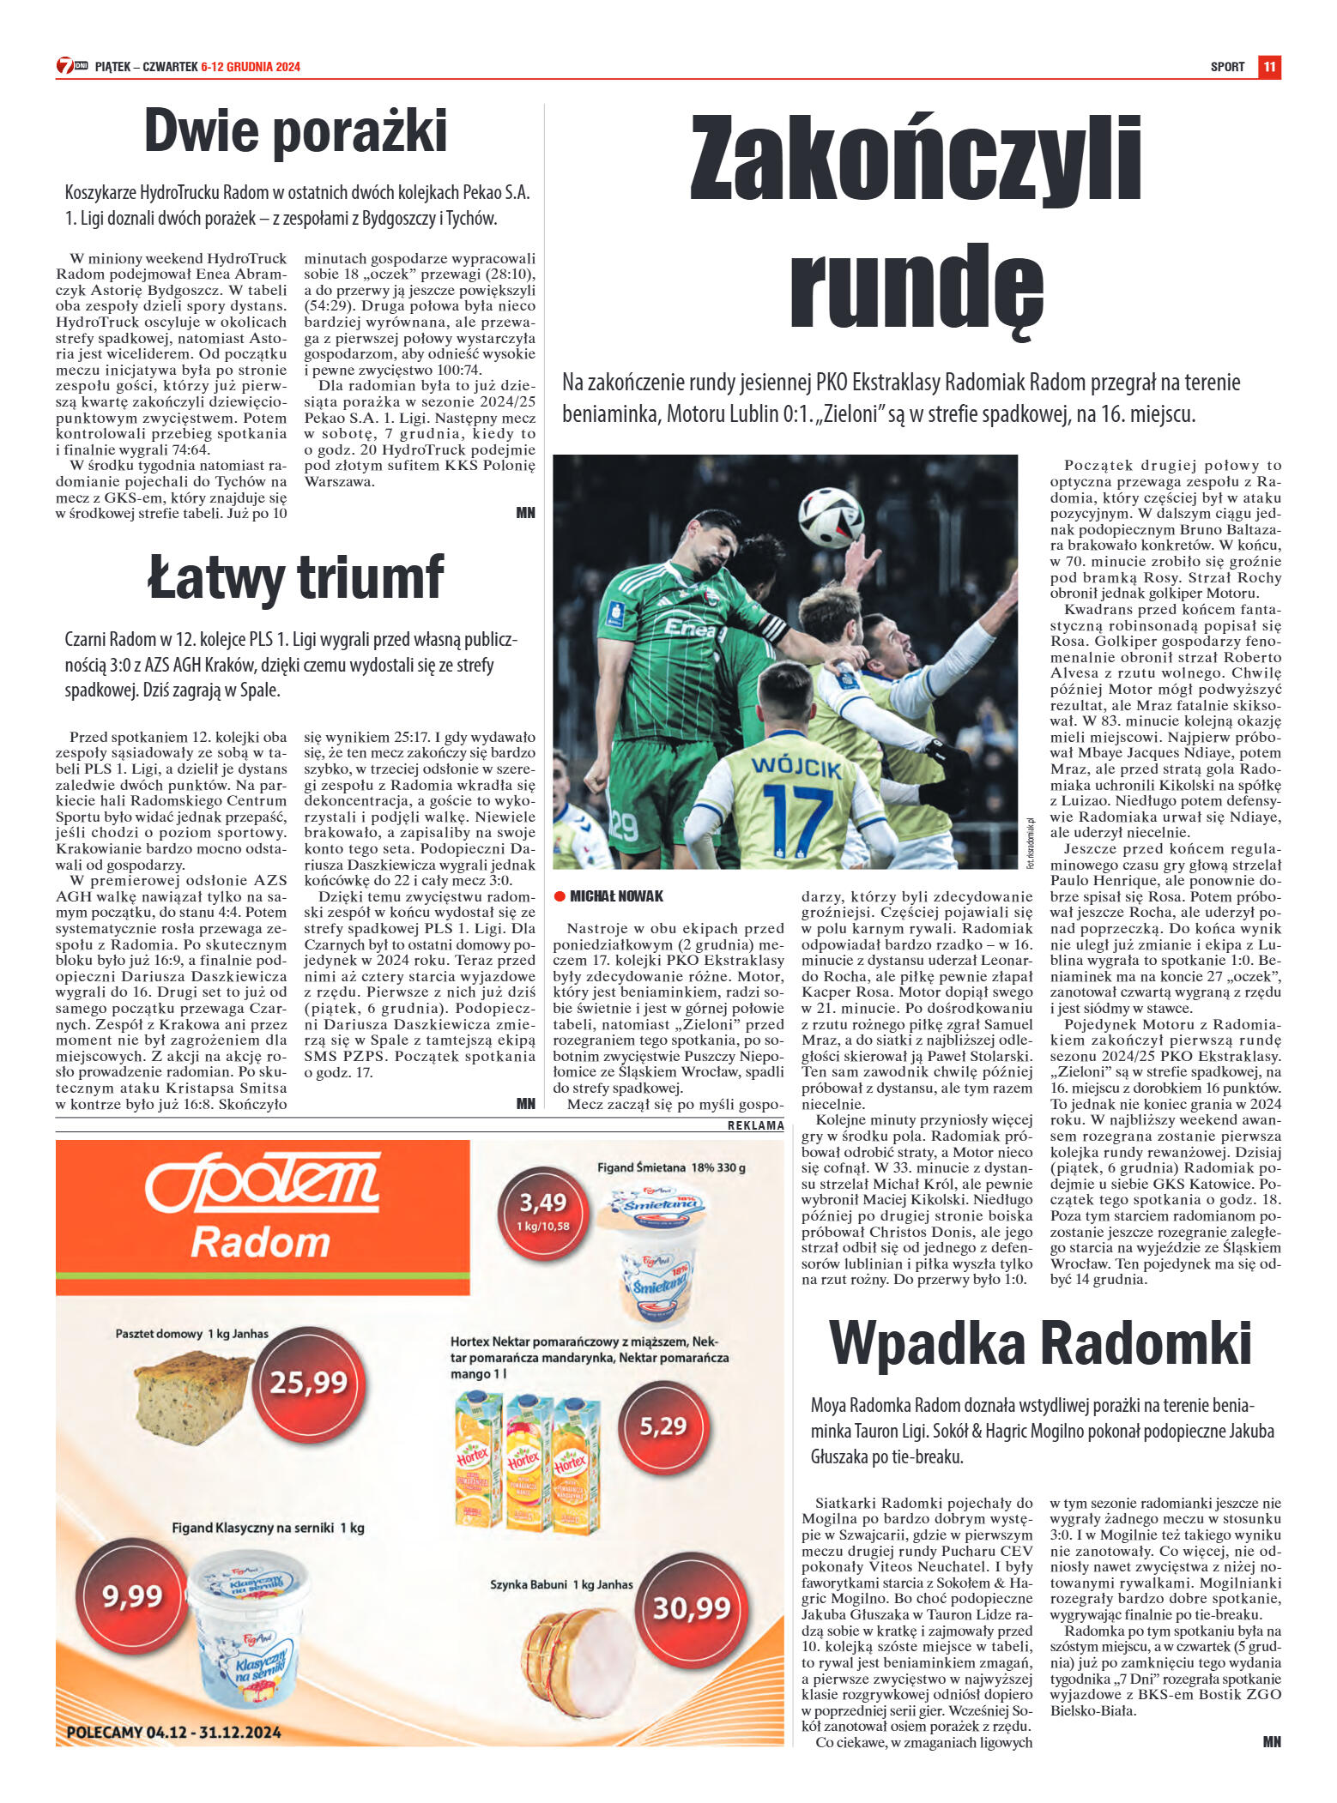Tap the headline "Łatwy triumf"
296,578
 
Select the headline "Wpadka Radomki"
1040,1343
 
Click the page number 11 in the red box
1269,67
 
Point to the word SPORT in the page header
1227,67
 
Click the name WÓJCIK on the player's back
796,766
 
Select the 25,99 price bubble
309,1382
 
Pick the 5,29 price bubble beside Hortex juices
662,1426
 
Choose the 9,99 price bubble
132,1596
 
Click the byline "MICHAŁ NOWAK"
616,896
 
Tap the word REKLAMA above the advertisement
755,1125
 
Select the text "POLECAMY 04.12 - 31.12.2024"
173,1733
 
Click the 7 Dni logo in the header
72,66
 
